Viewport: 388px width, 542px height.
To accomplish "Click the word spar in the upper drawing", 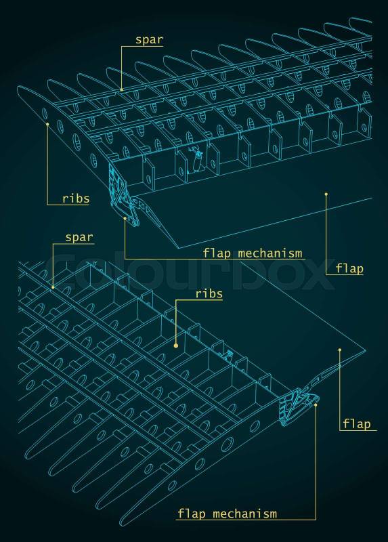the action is pyautogui.click(x=149, y=40).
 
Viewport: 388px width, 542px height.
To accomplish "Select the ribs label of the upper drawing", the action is pyautogui.click(x=76, y=199).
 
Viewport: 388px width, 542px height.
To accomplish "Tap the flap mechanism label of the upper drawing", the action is pyautogui.click(x=253, y=253).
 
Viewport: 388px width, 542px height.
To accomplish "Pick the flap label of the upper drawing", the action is pyautogui.click(x=349, y=268).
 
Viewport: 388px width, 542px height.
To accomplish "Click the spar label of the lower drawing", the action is pyautogui.click(x=79, y=238).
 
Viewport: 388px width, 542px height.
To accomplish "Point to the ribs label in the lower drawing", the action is pyautogui.click(x=209, y=294).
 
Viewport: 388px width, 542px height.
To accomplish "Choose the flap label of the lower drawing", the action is pyautogui.click(x=357, y=424).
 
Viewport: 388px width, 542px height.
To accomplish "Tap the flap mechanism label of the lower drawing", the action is pyautogui.click(x=227, y=514).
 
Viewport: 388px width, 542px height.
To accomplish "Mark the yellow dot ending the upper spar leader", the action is pyautogui.click(x=122, y=90).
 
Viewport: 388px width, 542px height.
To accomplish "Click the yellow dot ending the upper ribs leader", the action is pyautogui.click(x=47, y=124).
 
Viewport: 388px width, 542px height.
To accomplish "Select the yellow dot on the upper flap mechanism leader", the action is pyautogui.click(x=125, y=218).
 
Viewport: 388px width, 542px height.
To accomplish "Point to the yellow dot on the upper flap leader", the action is pyautogui.click(x=326, y=194).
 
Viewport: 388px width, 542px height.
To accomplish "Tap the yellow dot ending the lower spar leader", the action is pyautogui.click(x=53, y=287).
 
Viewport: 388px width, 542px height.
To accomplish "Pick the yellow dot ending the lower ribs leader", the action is pyautogui.click(x=176, y=346).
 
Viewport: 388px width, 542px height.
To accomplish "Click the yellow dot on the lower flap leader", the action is pyautogui.click(x=340, y=350).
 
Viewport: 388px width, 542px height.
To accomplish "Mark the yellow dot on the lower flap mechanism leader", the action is pyautogui.click(x=316, y=404).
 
